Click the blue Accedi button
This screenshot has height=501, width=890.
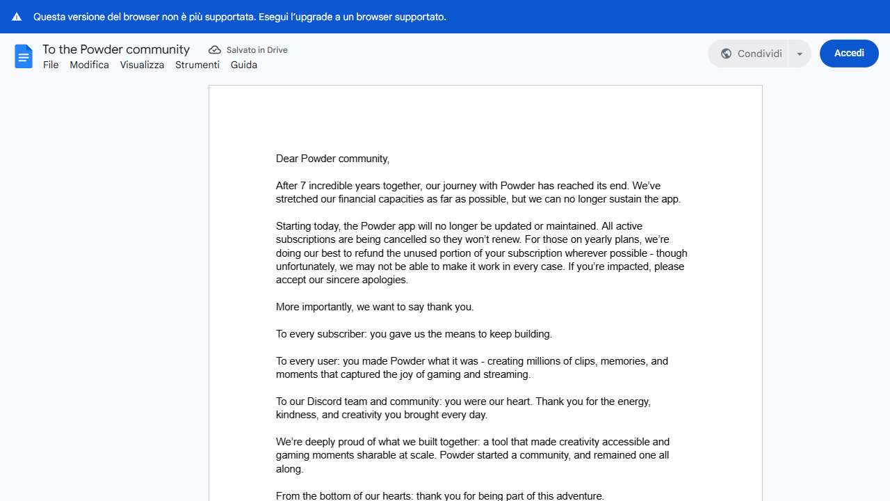(x=849, y=54)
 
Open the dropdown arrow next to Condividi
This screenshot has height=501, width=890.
(x=800, y=54)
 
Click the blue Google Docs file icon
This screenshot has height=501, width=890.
(x=24, y=56)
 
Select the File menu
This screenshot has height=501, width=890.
(x=51, y=65)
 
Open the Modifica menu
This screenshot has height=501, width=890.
(x=89, y=65)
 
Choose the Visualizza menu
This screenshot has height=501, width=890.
(x=142, y=65)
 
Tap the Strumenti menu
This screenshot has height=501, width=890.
(x=197, y=65)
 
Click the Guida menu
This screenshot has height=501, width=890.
(x=244, y=65)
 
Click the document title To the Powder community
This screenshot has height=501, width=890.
(x=116, y=49)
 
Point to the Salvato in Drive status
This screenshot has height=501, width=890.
(x=257, y=50)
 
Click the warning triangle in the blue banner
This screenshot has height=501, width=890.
(x=17, y=17)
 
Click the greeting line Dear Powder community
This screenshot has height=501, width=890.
(x=332, y=159)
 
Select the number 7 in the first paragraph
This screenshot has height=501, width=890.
(x=303, y=186)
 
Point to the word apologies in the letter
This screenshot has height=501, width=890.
(x=384, y=280)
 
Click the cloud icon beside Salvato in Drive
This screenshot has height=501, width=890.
(x=215, y=50)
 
